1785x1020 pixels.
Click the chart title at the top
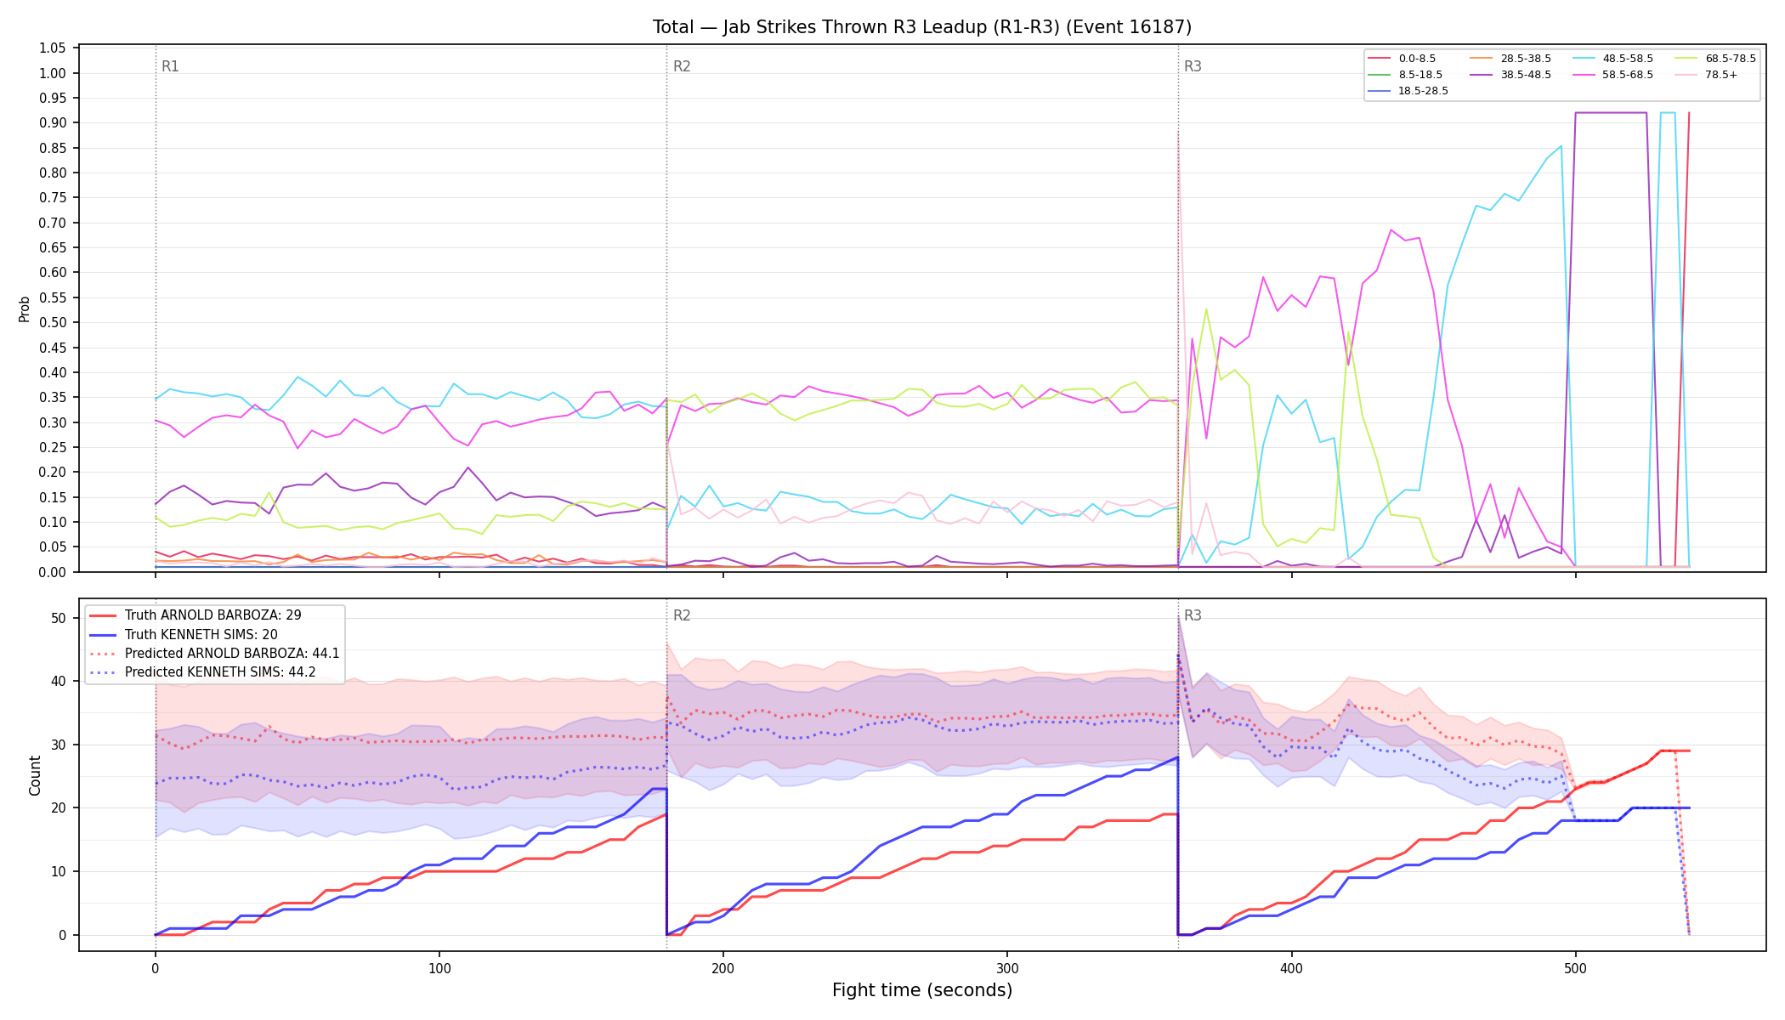point(922,27)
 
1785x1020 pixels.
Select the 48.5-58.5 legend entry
point(1612,59)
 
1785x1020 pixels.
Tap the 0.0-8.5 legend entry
point(1402,59)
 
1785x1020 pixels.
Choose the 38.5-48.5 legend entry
point(1510,75)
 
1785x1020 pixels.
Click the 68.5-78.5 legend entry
point(1715,59)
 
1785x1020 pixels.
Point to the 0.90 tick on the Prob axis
point(53,123)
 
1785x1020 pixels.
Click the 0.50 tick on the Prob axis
point(53,323)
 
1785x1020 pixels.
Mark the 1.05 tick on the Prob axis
point(53,48)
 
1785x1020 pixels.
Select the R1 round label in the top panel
point(170,66)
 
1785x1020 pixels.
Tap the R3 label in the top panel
point(1193,66)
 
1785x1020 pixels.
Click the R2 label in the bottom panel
point(682,615)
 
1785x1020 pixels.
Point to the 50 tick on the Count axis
point(59,619)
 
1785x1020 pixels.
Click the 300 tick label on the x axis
point(1007,968)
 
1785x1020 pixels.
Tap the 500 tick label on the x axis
point(1575,968)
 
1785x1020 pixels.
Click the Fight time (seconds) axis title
point(922,990)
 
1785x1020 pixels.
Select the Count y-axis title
point(35,775)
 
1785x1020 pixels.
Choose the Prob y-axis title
point(25,309)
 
